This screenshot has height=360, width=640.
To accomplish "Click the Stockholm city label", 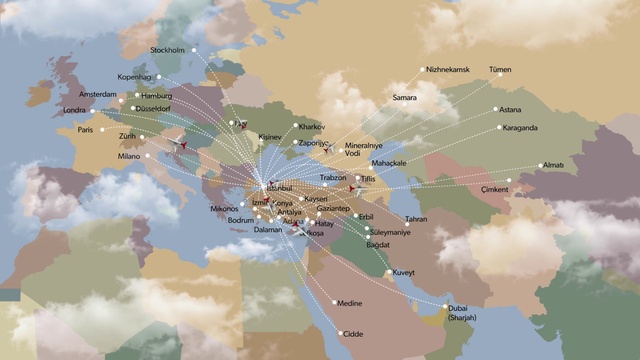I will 167,49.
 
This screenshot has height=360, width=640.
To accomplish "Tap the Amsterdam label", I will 97,93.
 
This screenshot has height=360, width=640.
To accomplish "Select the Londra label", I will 74,110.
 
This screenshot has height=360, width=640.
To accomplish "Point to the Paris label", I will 85,129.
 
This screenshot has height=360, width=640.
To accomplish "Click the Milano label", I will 130,157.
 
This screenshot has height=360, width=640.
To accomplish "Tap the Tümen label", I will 499,71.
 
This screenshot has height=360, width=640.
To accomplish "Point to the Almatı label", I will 552,165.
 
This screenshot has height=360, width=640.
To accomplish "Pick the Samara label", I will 404,98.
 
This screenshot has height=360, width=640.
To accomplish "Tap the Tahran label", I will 416,219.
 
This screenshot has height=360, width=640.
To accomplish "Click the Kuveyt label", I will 404,272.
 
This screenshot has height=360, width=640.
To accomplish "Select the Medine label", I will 350,302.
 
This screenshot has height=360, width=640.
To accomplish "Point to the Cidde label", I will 353,334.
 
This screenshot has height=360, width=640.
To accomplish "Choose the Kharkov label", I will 311,128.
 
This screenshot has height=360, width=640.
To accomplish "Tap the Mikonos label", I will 224,208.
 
